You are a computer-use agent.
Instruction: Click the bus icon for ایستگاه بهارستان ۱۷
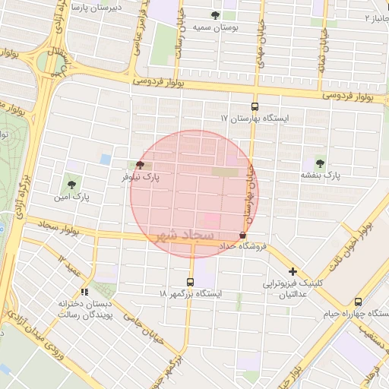click(x=255, y=107)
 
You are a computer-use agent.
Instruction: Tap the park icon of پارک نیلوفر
click(x=140, y=164)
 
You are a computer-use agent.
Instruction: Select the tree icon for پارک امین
click(x=72, y=182)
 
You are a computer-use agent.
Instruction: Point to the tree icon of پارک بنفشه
click(x=318, y=163)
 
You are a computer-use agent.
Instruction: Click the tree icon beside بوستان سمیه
click(x=216, y=15)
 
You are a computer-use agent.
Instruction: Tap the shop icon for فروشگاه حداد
click(x=242, y=236)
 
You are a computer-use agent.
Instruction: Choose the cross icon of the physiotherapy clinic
click(x=293, y=271)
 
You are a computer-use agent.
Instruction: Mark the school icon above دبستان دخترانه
click(x=84, y=291)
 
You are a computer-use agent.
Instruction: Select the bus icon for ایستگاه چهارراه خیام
click(x=358, y=302)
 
